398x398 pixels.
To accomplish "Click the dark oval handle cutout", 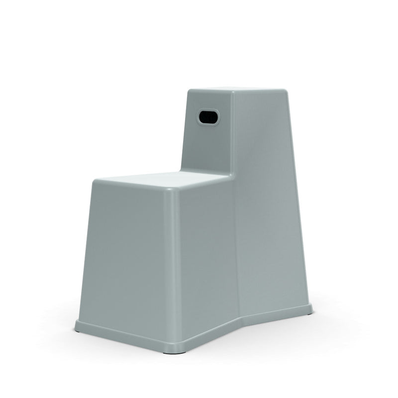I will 208,117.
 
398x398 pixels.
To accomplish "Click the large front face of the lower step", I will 132,254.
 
